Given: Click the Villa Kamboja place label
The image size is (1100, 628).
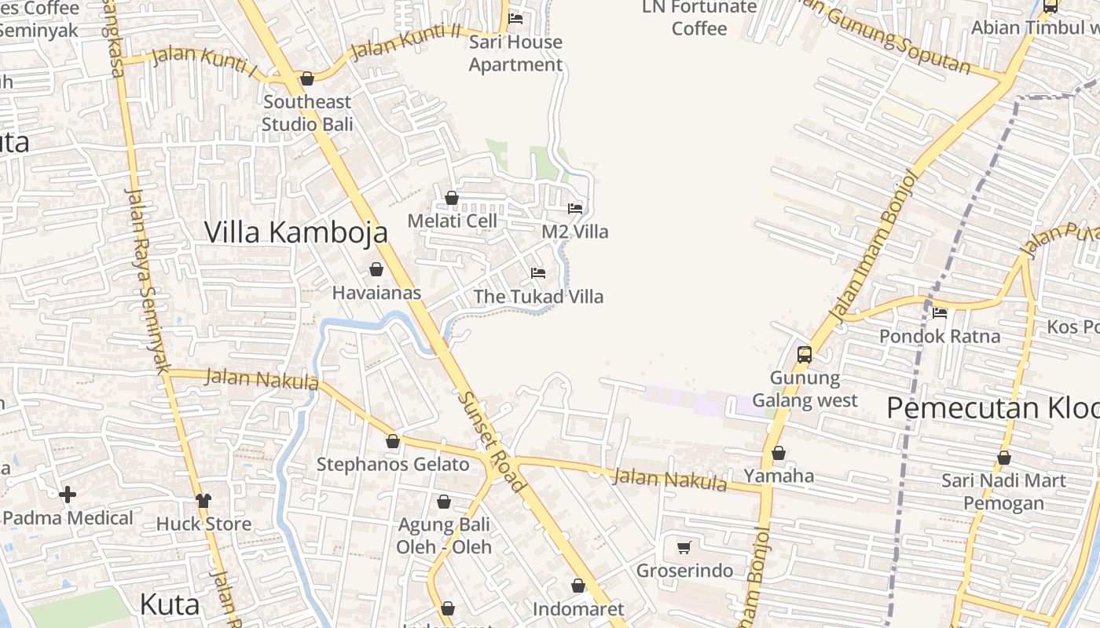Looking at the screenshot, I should click(x=296, y=232).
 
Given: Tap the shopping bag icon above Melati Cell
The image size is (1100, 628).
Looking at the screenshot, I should click(x=452, y=198).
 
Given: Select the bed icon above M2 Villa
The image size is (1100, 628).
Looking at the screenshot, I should click(x=575, y=209).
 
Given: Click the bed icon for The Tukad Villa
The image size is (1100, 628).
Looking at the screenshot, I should click(x=538, y=273).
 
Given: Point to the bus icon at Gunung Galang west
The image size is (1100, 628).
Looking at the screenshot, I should click(x=804, y=354).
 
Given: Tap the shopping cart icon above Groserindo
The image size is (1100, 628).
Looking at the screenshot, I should click(x=684, y=547).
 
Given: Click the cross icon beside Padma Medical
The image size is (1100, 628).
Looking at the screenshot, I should click(x=68, y=495).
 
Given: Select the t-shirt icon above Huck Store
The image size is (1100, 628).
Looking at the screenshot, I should click(x=203, y=500).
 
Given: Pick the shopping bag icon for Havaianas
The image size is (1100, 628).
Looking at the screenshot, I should click(x=376, y=269).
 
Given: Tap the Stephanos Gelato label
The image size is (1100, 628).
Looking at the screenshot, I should click(x=393, y=464).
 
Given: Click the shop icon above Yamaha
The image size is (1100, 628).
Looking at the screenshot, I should click(x=779, y=453).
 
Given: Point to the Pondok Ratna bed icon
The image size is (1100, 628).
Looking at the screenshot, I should click(x=939, y=313).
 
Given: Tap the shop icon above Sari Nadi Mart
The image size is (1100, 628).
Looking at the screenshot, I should click(x=1003, y=458).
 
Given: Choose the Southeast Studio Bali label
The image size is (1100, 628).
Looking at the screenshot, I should click(x=307, y=113).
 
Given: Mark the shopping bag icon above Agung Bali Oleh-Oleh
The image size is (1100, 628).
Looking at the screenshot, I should click(x=444, y=502).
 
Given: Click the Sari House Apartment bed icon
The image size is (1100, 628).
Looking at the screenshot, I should click(x=515, y=18).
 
